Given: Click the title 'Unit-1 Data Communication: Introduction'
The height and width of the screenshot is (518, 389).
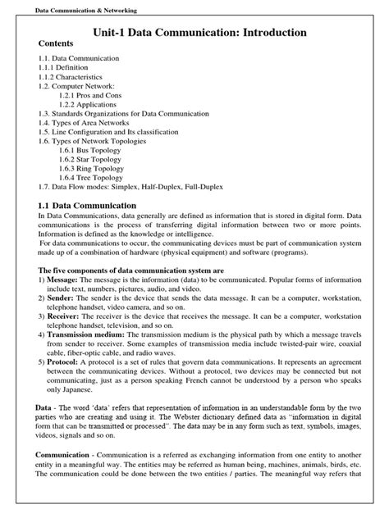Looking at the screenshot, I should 194,32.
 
